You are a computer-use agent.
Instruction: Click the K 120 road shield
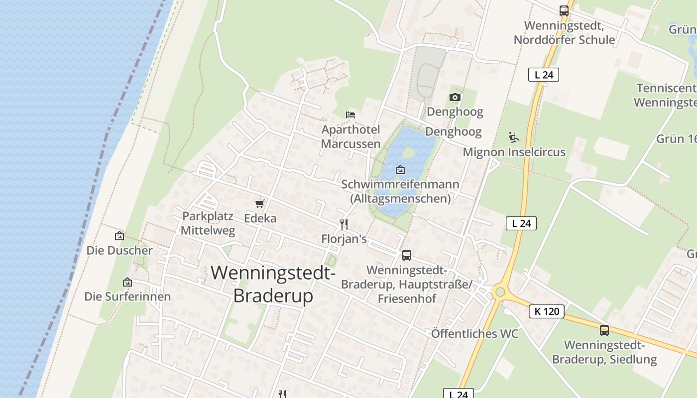547,311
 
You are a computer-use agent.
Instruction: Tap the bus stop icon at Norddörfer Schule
564,11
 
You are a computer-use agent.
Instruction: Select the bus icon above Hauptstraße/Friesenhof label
406,255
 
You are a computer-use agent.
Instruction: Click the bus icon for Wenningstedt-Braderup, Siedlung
604,330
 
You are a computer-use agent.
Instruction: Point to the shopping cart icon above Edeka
259,204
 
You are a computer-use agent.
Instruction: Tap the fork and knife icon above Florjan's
344,224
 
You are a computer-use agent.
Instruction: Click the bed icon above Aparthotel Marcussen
350,114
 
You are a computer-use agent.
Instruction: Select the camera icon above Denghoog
455,98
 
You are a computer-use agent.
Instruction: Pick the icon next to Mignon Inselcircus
514,137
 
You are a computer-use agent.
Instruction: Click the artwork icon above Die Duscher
119,236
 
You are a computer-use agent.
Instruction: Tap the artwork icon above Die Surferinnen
127,283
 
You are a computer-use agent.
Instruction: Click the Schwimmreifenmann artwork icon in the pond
400,170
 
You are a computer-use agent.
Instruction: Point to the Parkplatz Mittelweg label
208,223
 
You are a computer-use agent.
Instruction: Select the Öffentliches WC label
474,334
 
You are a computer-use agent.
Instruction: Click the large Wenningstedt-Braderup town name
273,284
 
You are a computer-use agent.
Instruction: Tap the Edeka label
260,218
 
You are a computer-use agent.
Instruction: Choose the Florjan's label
344,239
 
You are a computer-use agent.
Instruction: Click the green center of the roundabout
500,292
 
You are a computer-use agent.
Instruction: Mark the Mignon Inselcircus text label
514,152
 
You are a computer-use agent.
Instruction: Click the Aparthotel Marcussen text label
350,137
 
